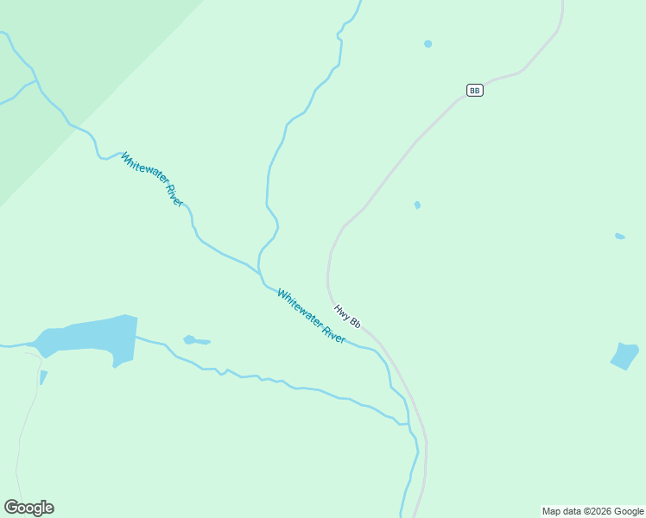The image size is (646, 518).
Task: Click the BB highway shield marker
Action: (x=474, y=90)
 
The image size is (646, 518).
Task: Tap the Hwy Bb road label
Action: (x=347, y=316)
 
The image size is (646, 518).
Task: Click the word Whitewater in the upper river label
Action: (x=142, y=169)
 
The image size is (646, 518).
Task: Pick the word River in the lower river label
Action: (x=334, y=333)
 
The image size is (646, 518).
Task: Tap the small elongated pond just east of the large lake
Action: (x=196, y=341)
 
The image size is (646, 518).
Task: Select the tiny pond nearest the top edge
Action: (x=427, y=43)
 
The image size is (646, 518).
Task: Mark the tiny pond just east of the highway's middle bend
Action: (x=417, y=205)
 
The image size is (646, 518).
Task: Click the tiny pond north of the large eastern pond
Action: (x=619, y=236)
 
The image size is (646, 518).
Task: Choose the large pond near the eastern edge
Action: (x=624, y=355)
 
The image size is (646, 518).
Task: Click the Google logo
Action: (x=29, y=508)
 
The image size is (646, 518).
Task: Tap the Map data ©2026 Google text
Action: (x=592, y=511)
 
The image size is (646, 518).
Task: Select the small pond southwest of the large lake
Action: (x=43, y=377)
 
